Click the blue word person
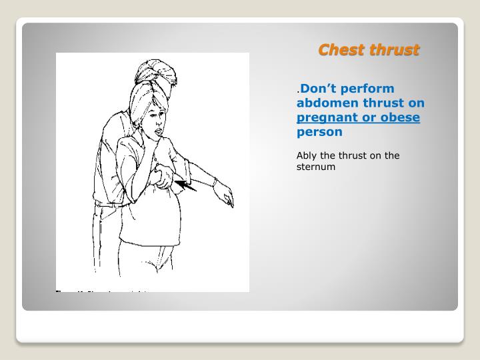(x=319, y=132)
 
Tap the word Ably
(x=307, y=155)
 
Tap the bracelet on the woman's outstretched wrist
(x=215, y=181)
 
